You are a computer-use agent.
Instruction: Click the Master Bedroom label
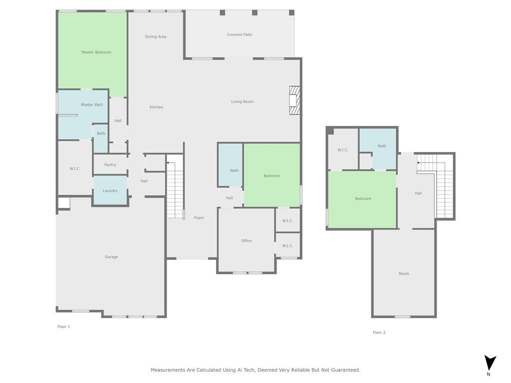tap(96, 52)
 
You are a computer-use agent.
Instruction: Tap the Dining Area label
tap(156, 37)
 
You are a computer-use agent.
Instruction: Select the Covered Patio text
tap(240, 34)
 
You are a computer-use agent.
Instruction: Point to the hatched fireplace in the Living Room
tap(294, 100)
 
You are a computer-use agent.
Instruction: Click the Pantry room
tap(110, 165)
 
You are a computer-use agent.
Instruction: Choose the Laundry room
tap(110, 191)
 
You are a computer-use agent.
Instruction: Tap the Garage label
tap(111, 257)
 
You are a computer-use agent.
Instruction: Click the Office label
tap(247, 241)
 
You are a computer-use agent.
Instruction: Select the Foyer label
tap(199, 217)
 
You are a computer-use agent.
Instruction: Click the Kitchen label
tap(156, 107)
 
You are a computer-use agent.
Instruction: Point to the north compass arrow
tap(490, 363)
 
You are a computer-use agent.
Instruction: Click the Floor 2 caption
tap(379, 333)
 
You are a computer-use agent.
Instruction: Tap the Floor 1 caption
tap(63, 327)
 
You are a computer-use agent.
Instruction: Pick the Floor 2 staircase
tap(436, 186)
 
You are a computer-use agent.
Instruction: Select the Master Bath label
tap(92, 105)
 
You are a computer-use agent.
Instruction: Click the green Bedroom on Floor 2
tap(362, 199)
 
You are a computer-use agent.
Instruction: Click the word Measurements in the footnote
tap(168, 370)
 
